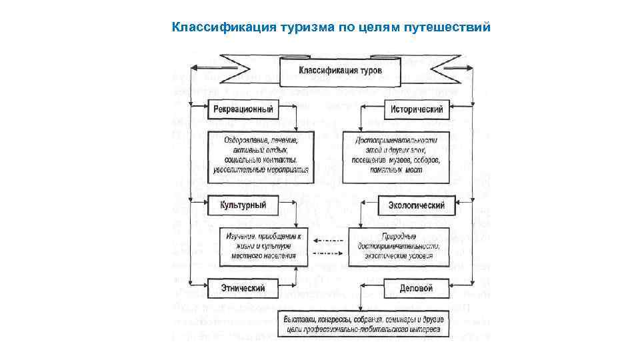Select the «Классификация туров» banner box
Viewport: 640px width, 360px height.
click(340, 71)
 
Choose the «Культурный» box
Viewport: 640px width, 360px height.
click(243, 205)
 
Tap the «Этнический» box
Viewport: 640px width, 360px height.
click(243, 288)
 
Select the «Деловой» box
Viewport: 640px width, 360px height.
click(417, 288)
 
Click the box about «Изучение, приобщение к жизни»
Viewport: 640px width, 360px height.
click(264, 247)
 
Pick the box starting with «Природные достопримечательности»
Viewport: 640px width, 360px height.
click(399, 247)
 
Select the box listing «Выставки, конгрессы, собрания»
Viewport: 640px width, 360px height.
click(361, 324)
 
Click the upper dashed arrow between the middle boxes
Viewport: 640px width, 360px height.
click(327, 240)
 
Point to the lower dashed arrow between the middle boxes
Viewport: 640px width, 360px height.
click(327, 253)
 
